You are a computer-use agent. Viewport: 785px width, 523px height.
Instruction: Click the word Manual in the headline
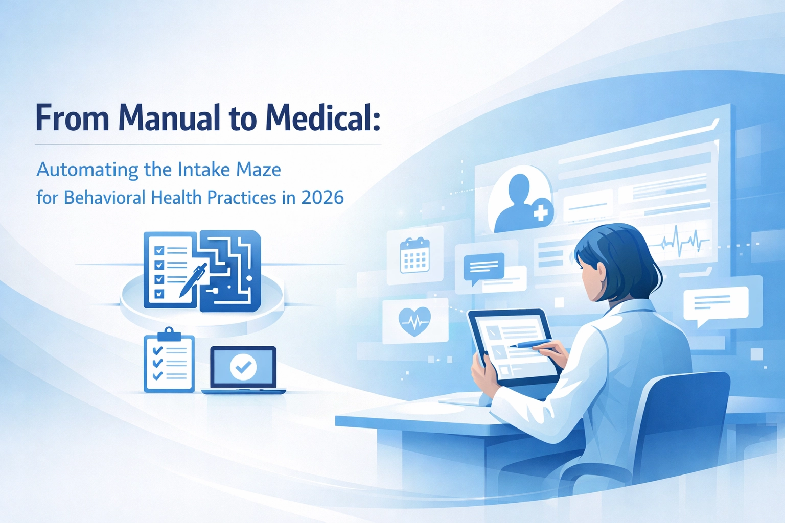click(170, 118)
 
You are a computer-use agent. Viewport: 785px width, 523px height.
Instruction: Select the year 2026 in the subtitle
click(322, 198)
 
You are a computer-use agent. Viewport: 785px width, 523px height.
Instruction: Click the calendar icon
click(414, 255)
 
